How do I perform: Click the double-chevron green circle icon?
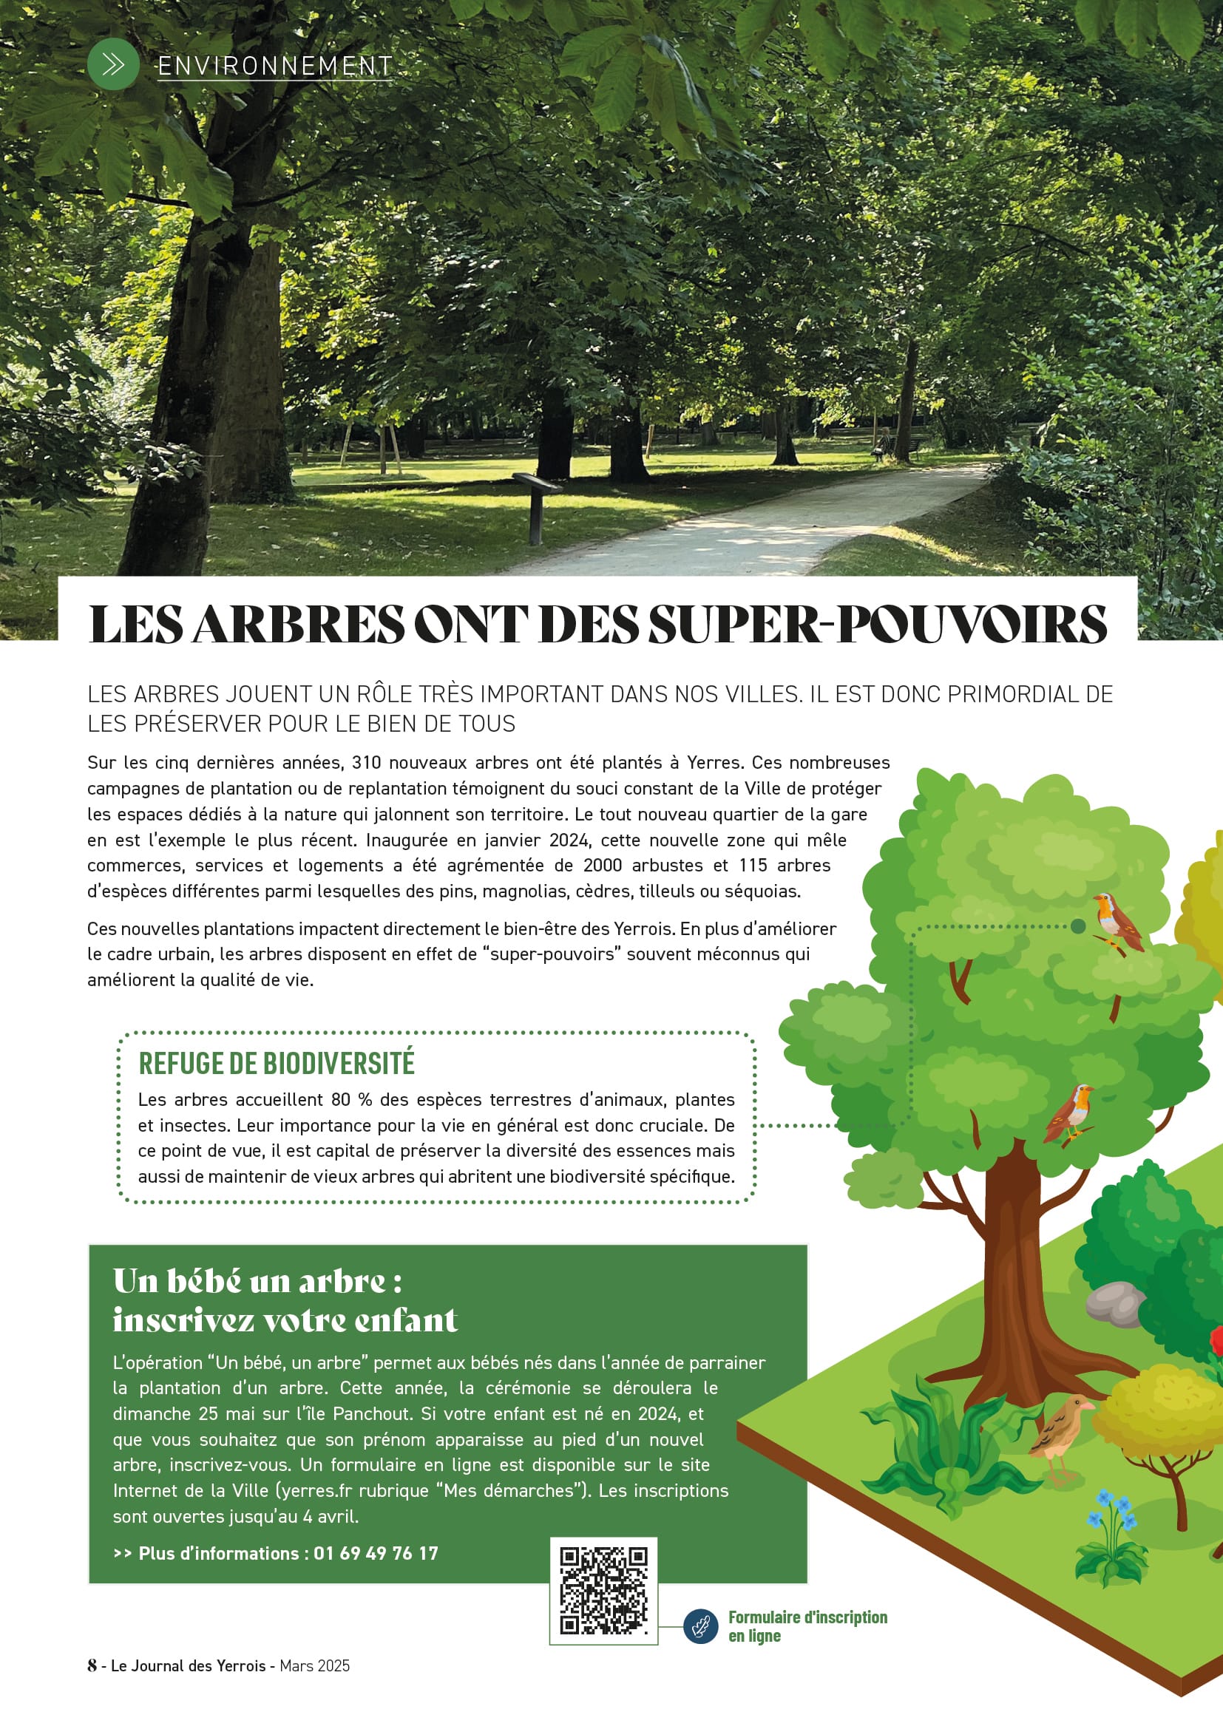[113, 65]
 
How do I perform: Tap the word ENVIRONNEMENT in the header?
[274, 67]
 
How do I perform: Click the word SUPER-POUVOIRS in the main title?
[878, 625]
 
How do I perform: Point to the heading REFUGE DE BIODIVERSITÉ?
[277, 1062]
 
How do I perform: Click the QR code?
[603, 1590]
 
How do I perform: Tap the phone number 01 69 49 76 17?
[375, 1553]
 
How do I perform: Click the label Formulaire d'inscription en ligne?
[807, 1626]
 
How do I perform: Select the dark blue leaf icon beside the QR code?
[700, 1626]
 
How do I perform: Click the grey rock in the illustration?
[1114, 1303]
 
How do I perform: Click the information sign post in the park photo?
[536, 505]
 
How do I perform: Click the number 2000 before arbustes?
[602, 866]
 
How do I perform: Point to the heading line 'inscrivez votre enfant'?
[285, 1319]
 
